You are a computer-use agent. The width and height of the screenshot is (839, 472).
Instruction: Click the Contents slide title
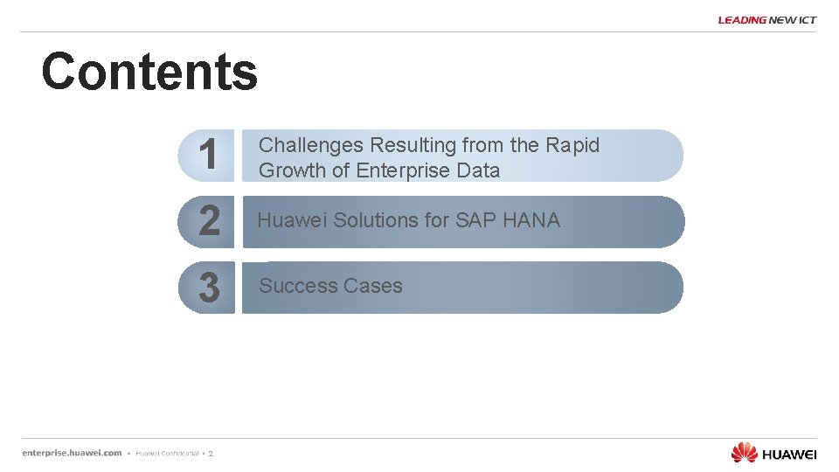pyautogui.click(x=149, y=72)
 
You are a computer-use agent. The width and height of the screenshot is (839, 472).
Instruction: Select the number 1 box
pyautogui.click(x=207, y=156)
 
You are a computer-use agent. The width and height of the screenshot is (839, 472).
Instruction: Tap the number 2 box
pyautogui.click(x=208, y=221)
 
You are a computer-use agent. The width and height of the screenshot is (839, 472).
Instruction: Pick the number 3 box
pyautogui.click(x=208, y=288)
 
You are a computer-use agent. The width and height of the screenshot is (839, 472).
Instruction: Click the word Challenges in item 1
pyautogui.click(x=312, y=145)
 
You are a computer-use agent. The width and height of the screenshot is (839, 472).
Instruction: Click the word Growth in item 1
pyautogui.click(x=292, y=170)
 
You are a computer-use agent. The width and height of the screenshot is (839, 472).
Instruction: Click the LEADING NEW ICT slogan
pyautogui.click(x=766, y=20)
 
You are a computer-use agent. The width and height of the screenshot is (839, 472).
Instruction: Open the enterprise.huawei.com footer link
pyautogui.click(x=72, y=453)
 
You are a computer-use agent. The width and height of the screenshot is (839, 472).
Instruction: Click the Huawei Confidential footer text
pyautogui.click(x=166, y=454)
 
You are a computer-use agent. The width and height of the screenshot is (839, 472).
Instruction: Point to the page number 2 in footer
pyautogui.click(x=211, y=454)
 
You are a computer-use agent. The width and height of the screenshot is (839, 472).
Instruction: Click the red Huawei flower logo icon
pyautogui.click(x=744, y=452)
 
